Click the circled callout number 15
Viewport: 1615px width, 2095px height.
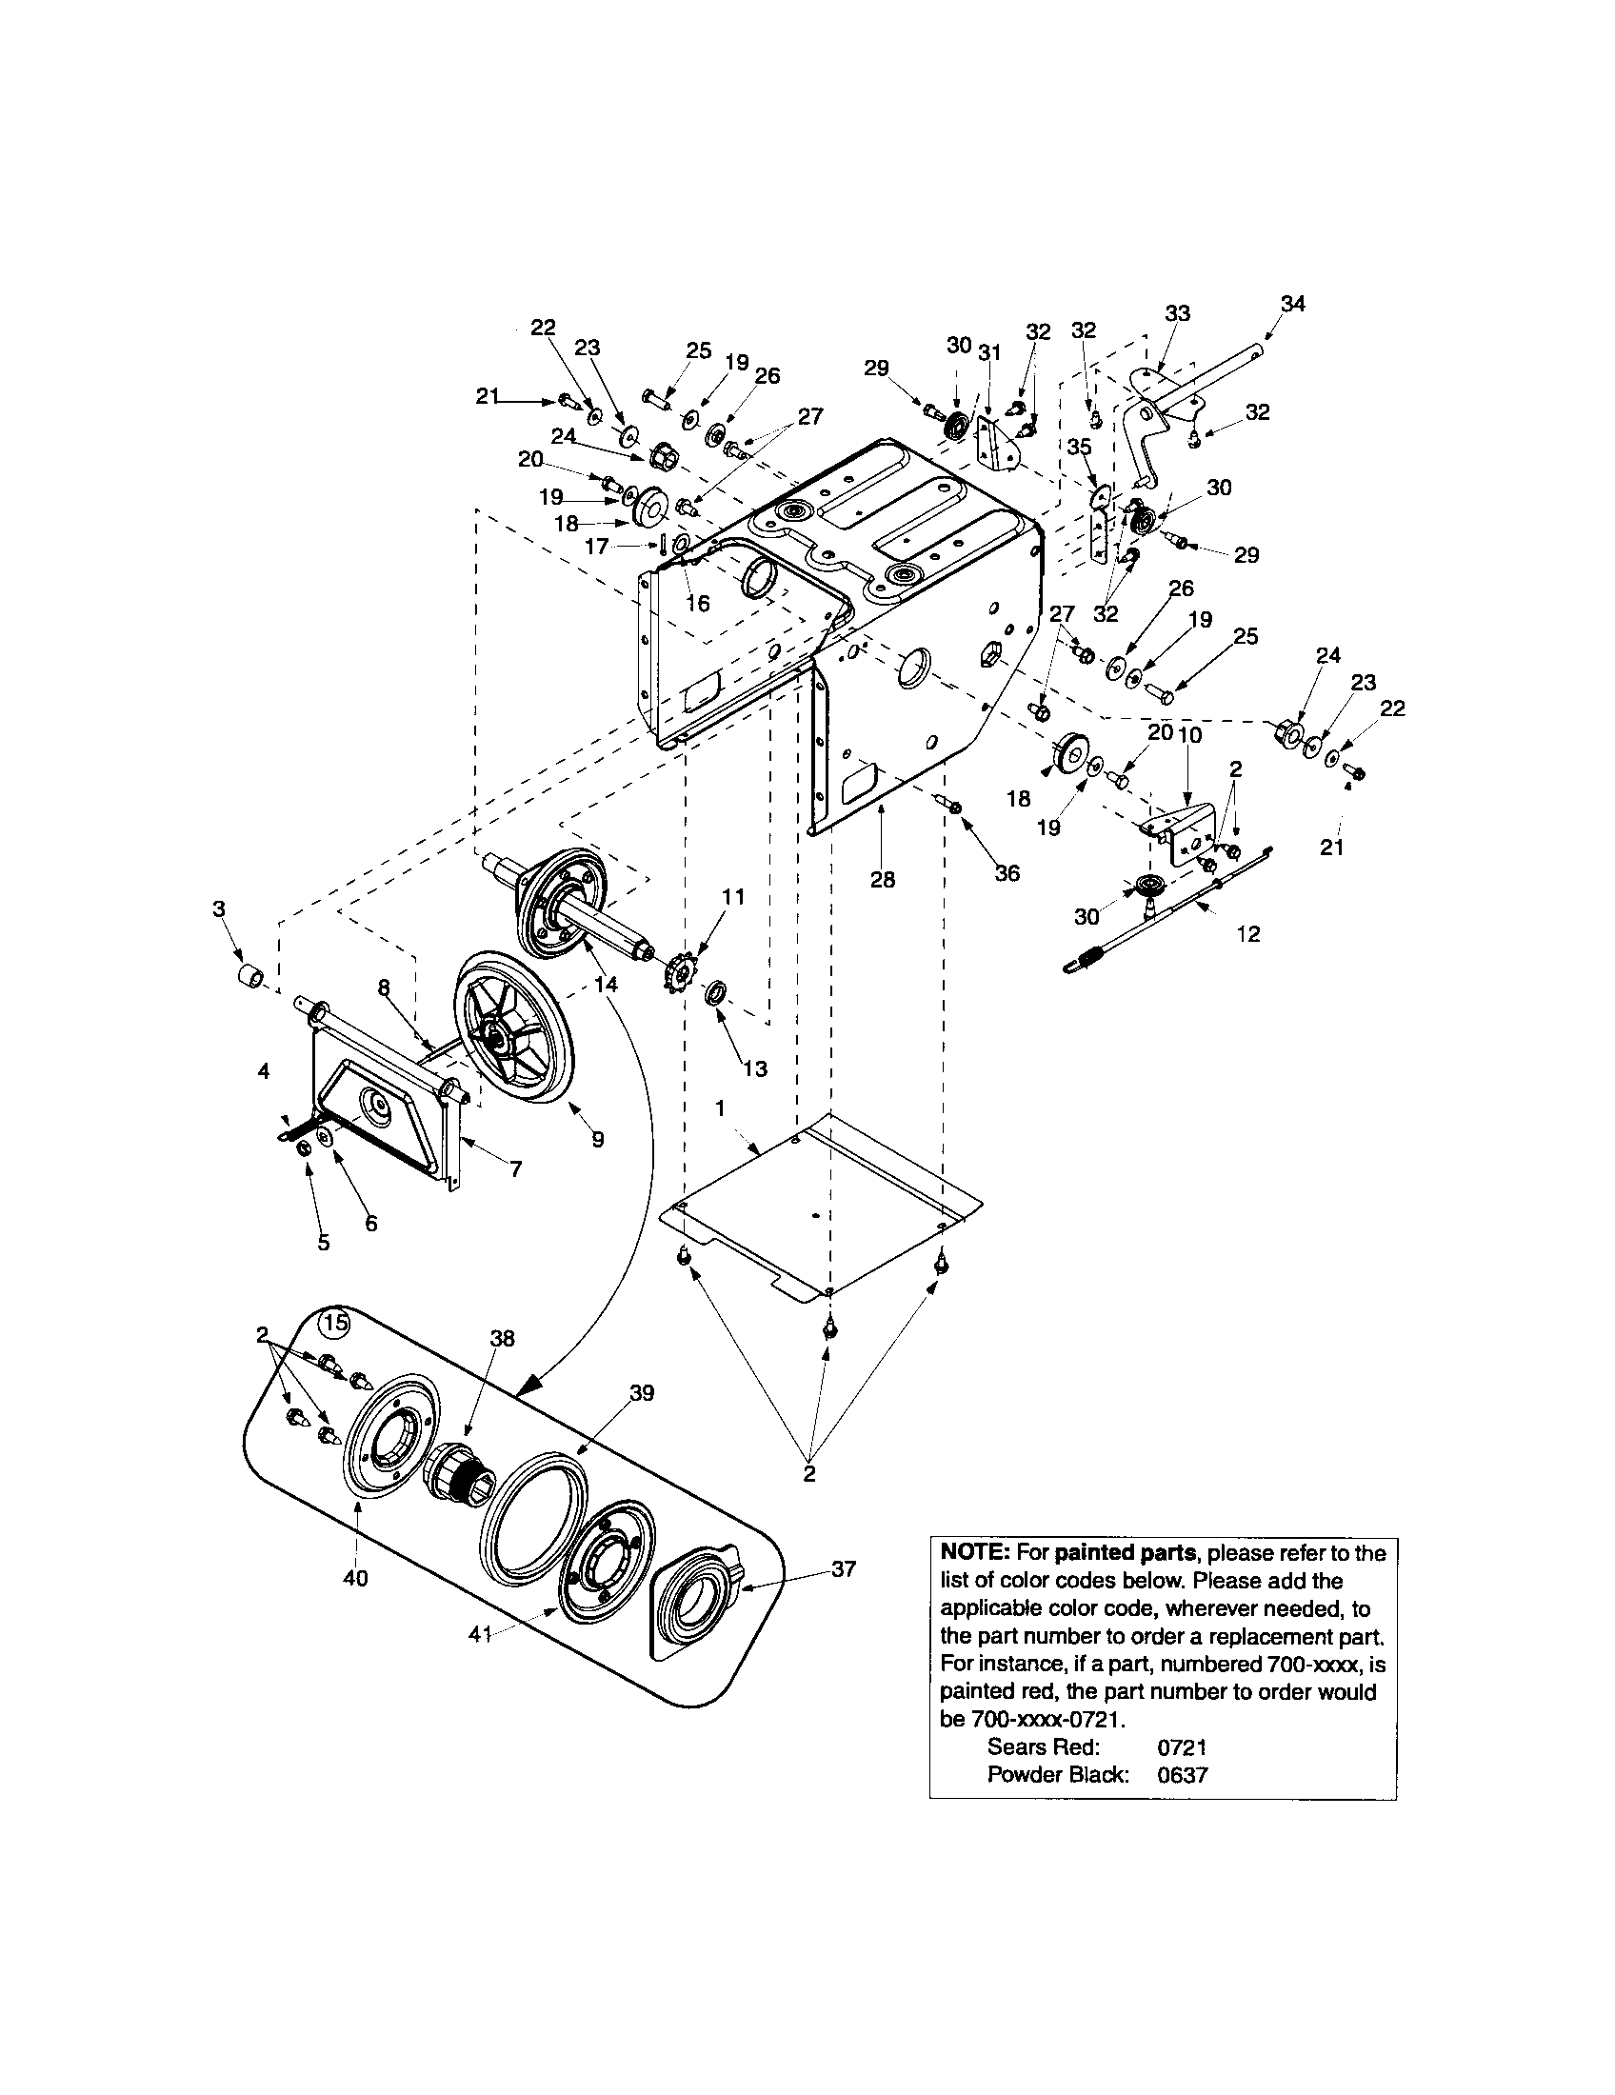(x=333, y=1324)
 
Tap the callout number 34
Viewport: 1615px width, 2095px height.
(x=1292, y=304)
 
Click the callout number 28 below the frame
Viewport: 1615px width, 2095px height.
(x=883, y=879)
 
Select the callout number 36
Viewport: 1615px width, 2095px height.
(x=1007, y=873)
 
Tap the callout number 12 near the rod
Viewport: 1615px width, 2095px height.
(x=1247, y=933)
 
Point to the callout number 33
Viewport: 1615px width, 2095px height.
(x=1178, y=312)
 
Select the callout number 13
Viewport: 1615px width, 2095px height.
(x=755, y=1068)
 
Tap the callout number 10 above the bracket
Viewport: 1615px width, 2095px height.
(x=1190, y=735)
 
